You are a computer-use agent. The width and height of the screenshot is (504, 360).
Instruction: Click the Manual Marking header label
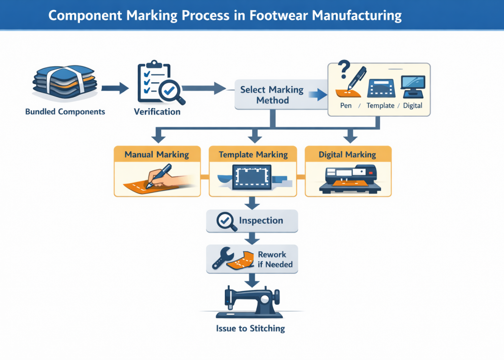coord(157,155)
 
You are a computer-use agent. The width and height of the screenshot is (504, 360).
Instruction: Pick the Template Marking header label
coord(253,155)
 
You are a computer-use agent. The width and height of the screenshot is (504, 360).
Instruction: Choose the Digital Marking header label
coord(347,155)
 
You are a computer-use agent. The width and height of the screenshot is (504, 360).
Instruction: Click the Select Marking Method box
coord(272,95)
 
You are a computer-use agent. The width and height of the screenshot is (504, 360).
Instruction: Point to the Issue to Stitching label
coord(250,328)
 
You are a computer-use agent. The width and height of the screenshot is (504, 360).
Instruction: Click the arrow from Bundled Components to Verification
coord(115,89)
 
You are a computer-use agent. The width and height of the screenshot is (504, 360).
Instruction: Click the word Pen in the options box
coord(346,106)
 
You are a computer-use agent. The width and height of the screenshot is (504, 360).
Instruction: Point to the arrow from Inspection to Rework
coord(252,238)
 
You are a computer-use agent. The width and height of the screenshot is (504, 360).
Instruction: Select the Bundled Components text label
coord(65,112)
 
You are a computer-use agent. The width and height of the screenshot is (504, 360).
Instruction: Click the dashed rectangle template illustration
coord(252,176)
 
